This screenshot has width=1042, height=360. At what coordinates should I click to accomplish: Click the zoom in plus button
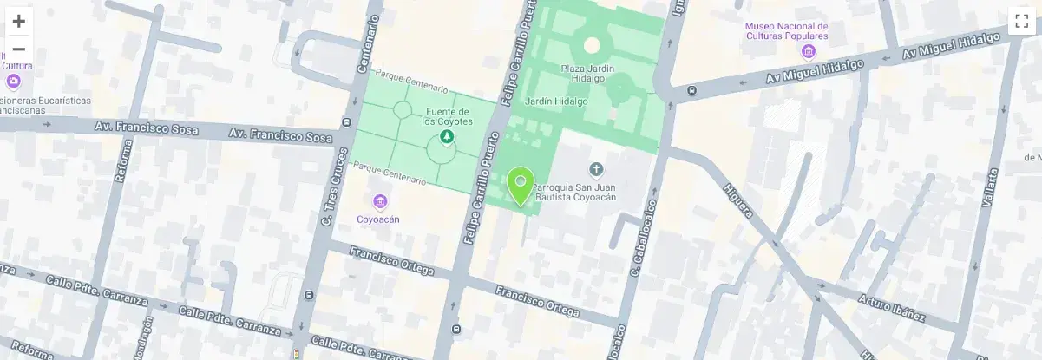pos(18,21)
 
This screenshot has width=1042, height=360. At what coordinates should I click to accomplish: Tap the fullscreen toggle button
pos(1021,22)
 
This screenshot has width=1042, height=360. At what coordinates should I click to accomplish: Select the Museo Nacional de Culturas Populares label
pos(786,31)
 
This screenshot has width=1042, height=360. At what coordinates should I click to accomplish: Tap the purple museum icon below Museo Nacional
pos(809,52)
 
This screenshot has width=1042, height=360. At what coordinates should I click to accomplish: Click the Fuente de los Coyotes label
pos(447,116)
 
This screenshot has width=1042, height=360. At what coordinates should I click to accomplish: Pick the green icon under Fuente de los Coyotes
pos(446,138)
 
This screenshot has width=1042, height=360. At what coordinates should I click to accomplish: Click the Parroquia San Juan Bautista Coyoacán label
pos(574,192)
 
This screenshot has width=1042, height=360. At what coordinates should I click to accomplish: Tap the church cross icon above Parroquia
pos(595,168)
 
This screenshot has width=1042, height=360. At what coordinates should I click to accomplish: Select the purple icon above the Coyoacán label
pos(379,202)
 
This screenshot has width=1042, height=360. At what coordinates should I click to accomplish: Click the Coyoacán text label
pos(378,219)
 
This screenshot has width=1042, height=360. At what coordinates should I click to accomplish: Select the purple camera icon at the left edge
pos(13,82)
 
